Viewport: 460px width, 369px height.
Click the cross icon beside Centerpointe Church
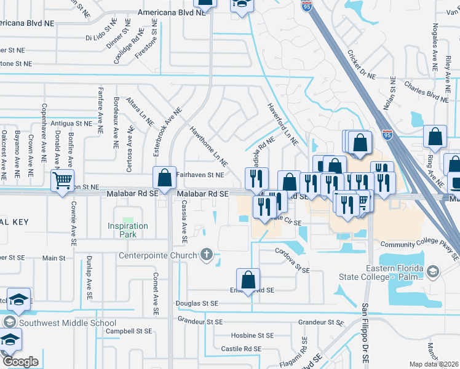point(207,255)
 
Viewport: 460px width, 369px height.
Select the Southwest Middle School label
point(67,323)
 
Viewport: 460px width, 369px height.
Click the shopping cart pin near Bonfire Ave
point(62,181)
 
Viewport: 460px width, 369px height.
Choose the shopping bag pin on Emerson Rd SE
point(248,280)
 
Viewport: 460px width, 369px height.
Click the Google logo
point(20,361)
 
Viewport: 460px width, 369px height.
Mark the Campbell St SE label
point(128,331)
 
